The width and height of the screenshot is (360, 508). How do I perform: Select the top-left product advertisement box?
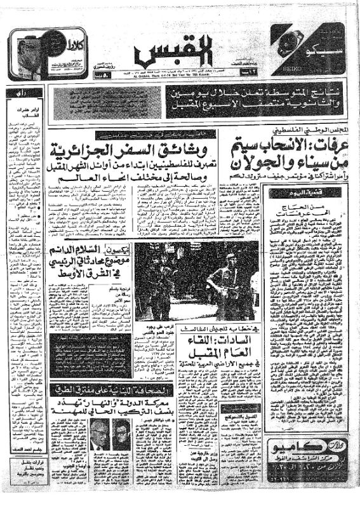click(x=39, y=53)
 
